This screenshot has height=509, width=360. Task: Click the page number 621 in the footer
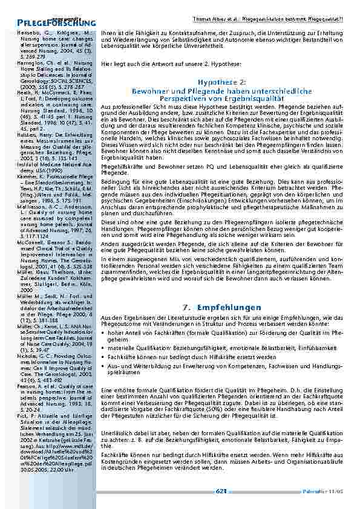tap(221, 491)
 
